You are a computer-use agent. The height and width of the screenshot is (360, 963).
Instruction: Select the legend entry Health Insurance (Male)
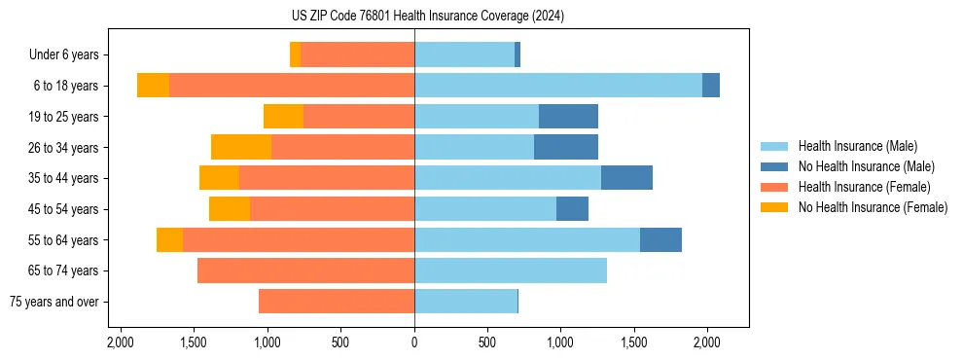[x=857, y=146]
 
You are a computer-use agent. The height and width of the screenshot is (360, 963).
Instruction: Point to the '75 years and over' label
[x=53, y=302]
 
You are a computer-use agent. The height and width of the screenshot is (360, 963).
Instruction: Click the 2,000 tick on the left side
[x=121, y=342]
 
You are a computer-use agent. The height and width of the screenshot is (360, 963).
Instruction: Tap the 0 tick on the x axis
[x=414, y=342]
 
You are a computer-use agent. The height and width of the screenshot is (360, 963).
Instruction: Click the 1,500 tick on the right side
[x=634, y=342]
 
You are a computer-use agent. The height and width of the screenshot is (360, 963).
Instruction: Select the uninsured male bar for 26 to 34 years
[x=566, y=147]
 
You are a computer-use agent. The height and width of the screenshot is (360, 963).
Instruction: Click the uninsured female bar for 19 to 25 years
[x=283, y=117]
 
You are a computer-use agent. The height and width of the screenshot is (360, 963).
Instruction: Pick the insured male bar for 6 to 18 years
[x=558, y=86]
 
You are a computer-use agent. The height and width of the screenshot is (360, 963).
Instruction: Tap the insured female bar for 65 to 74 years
[x=305, y=270]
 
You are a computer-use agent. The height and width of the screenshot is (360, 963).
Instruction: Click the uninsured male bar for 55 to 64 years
[x=660, y=239]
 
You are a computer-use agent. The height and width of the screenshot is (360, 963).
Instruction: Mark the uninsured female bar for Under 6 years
[x=295, y=55]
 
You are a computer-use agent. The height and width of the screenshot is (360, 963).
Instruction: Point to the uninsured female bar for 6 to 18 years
[x=153, y=86]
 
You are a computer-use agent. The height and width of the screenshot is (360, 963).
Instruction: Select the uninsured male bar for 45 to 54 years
[x=572, y=209]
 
